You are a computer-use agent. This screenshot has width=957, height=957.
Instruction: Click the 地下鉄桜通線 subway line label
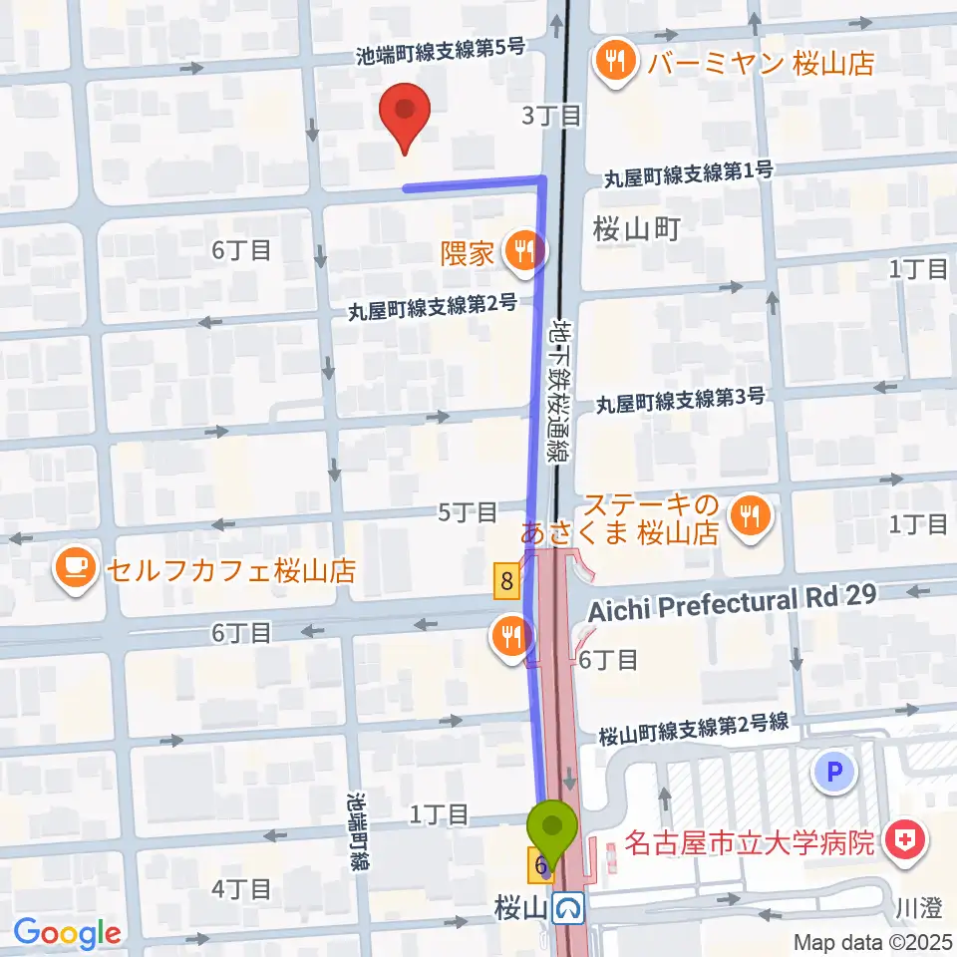pos(559,389)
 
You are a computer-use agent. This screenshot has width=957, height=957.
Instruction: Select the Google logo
pos(67,932)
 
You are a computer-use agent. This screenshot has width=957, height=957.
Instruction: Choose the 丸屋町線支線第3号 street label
pos(681,401)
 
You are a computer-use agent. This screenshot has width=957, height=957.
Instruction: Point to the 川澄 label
pos(918,908)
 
